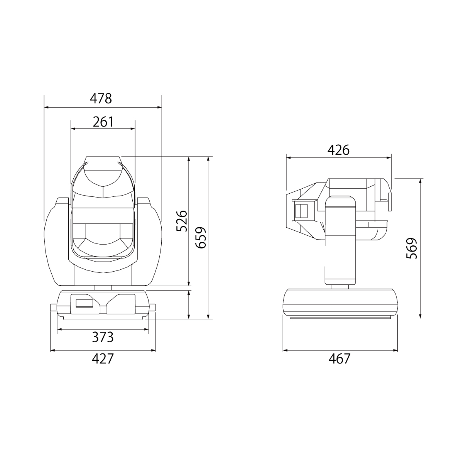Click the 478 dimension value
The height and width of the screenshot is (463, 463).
(x=101, y=98)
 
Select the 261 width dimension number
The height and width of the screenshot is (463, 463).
(x=103, y=122)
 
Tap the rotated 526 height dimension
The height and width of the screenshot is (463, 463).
(x=182, y=221)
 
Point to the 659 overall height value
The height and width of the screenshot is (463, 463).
(x=201, y=237)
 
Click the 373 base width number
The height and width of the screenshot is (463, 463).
(x=103, y=337)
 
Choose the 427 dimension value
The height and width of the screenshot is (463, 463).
(x=103, y=359)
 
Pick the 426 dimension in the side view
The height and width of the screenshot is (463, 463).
(x=338, y=150)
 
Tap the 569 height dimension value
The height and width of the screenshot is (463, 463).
(x=412, y=248)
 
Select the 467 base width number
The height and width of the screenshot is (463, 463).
(x=340, y=359)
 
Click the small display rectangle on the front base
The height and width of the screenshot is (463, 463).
(x=84, y=303)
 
